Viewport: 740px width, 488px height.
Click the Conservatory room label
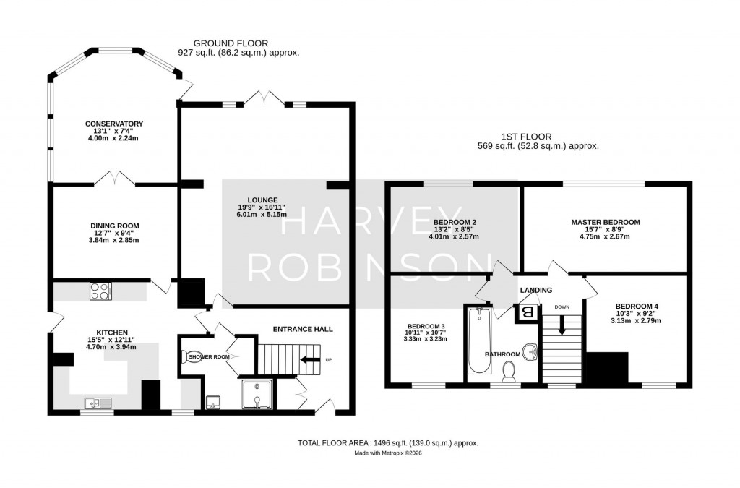[113, 124]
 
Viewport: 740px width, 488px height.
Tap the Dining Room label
[113, 226]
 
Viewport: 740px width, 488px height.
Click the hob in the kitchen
[100, 291]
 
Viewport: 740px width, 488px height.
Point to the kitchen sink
[95, 403]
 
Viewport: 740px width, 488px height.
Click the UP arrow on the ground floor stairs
[311, 359]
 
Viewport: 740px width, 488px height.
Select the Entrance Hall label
[303, 329]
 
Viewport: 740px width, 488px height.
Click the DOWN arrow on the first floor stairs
[562, 328]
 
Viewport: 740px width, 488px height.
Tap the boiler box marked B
[526, 313]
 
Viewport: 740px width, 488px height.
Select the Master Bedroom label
[605, 223]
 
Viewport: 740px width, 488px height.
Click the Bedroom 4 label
[633, 306]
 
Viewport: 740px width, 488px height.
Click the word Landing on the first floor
[535, 291]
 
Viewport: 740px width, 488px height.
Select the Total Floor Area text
[388, 443]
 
